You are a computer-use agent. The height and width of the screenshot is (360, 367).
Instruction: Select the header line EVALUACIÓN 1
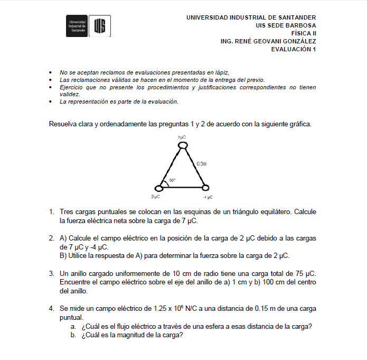pyautogui.click(x=293, y=49)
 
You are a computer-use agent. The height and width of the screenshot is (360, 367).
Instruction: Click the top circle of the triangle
pyautogui.click(x=182, y=144)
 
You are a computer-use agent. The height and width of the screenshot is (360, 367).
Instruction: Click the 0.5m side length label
pyautogui.click(x=201, y=164)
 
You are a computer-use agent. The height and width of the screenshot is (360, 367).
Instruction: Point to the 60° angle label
pyautogui.click(x=172, y=181)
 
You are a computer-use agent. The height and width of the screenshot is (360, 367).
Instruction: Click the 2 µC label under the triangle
pyautogui.click(x=155, y=197)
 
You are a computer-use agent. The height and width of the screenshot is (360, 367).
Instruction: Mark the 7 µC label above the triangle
pyautogui.click(x=182, y=137)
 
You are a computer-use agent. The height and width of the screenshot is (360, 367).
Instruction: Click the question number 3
pyautogui.click(x=52, y=273)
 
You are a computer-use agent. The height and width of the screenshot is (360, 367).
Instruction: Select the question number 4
pyautogui.click(x=52, y=308)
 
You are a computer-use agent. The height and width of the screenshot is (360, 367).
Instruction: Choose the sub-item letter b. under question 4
pyautogui.click(x=73, y=335)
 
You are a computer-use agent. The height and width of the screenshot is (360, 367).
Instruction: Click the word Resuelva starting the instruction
pyautogui.click(x=63, y=125)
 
